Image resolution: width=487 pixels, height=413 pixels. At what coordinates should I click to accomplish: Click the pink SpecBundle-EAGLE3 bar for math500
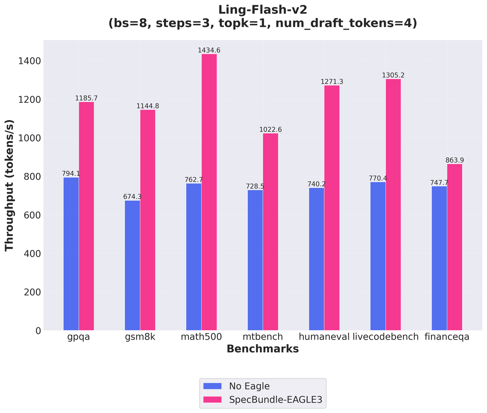[209, 192]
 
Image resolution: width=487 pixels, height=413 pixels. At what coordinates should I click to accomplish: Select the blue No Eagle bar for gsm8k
[132, 265]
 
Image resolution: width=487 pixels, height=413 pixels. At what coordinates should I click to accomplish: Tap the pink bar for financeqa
[454, 247]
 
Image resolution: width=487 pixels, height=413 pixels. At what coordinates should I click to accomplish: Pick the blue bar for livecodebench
[378, 256]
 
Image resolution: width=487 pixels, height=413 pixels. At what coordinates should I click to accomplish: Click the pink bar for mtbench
[270, 232]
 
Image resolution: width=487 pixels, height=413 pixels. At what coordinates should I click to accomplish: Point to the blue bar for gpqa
[71, 254]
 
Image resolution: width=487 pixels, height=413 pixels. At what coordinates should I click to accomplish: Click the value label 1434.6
[209, 50]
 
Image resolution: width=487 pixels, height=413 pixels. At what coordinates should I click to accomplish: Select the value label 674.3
[132, 197]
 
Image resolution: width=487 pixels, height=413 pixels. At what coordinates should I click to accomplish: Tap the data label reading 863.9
[455, 160]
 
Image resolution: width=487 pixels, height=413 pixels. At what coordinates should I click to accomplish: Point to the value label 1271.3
[332, 82]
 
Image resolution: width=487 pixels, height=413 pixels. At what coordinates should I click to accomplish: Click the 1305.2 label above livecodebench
[393, 75]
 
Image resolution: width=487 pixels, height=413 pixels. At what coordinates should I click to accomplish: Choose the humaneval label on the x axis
[324, 337]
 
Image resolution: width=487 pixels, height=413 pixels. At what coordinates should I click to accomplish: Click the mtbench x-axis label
[263, 337]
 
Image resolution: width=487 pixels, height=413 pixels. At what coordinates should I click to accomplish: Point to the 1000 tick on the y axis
[30, 138]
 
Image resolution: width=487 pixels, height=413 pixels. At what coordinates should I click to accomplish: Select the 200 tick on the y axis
[32, 292]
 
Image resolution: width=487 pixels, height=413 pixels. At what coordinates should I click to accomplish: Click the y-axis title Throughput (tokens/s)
[10, 185]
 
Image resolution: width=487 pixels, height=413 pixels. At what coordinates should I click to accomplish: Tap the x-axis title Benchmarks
[263, 349]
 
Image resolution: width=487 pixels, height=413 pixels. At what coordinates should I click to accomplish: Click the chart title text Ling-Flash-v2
[263, 10]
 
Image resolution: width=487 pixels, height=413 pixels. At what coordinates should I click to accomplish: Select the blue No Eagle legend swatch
[212, 386]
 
